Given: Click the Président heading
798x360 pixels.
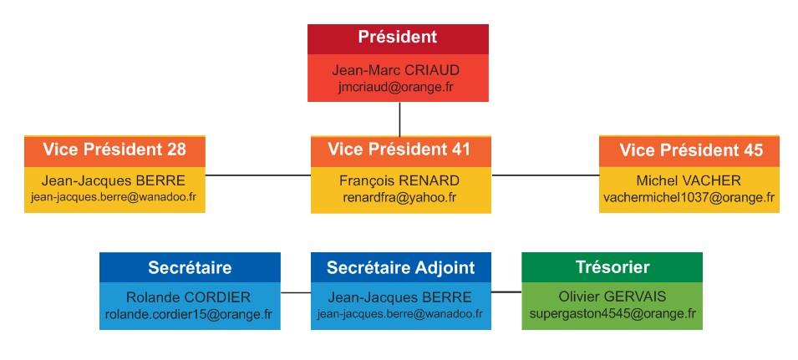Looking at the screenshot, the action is [x=398, y=37].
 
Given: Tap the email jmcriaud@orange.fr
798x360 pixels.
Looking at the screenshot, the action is [x=395, y=86].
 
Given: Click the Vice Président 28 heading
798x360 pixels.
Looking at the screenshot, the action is [x=114, y=150].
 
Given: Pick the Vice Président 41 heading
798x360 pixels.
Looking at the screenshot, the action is [x=399, y=150].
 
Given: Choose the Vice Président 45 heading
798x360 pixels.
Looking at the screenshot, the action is [x=691, y=150].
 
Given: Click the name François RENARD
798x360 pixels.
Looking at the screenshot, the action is [x=399, y=180].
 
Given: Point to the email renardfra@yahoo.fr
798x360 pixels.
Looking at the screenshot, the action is [x=399, y=197].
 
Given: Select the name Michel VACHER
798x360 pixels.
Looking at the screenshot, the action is [x=689, y=180].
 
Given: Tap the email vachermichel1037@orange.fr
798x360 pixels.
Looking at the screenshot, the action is [x=689, y=197].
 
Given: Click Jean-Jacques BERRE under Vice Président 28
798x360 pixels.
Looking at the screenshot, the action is [x=114, y=180].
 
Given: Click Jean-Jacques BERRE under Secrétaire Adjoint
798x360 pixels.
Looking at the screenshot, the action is [x=399, y=297].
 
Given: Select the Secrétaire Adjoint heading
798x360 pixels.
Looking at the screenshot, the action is [x=400, y=267].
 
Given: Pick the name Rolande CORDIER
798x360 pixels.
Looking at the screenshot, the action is [x=188, y=297].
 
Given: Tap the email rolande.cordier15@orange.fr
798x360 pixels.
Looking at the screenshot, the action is [x=189, y=314].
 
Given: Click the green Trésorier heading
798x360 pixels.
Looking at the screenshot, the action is [x=612, y=267].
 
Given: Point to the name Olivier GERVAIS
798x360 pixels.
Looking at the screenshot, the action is [x=612, y=297].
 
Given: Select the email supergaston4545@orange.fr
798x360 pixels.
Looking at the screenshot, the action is [x=612, y=314].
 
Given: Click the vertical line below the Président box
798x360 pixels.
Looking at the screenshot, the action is [x=399, y=119].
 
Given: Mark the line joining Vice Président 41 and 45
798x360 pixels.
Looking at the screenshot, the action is [x=545, y=175].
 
